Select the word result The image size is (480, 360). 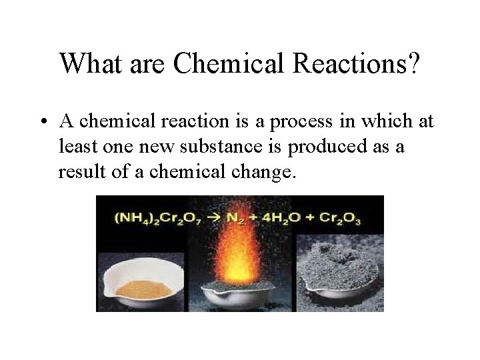(x=79, y=171)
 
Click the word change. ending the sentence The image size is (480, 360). (x=259, y=172)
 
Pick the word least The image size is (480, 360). (x=77, y=147)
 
